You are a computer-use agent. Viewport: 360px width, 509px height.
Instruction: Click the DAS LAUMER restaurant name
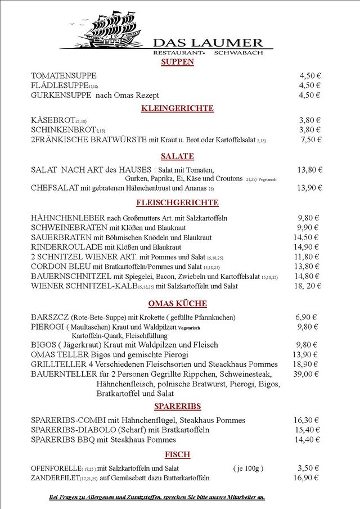tap(208, 43)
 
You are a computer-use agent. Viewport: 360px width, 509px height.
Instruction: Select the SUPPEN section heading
tap(177, 62)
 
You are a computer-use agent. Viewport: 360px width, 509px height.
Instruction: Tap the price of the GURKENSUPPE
tap(309, 95)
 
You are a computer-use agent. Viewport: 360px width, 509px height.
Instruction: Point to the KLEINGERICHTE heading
tap(177, 108)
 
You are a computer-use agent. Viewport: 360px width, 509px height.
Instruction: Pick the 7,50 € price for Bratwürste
tap(310, 139)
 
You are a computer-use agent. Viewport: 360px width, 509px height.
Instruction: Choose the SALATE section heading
tap(177, 156)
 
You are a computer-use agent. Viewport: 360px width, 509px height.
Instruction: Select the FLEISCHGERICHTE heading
tap(177, 202)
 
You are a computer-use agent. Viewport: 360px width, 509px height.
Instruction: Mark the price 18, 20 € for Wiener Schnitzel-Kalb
tap(307, 286)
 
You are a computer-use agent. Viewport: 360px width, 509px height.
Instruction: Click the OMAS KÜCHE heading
tap(177, 304)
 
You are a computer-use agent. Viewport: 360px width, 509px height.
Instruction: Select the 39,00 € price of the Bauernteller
tap(307, 374)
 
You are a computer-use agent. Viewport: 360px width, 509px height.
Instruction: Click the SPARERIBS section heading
tap(177, 406)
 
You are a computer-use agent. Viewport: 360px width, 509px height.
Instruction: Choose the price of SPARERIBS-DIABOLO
tap(307, 430)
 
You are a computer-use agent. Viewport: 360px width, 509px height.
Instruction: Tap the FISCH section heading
tap(177, 454)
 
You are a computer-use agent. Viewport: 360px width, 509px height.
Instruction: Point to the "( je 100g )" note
tap(248, 468)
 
